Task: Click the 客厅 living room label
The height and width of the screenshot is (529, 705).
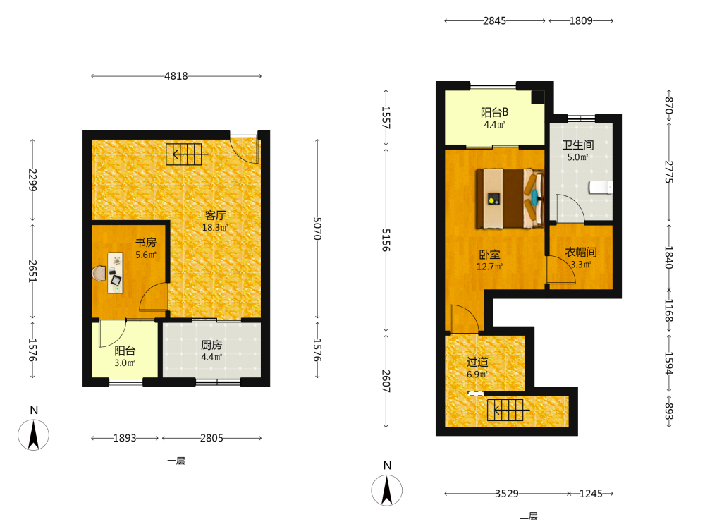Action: pos(215,215)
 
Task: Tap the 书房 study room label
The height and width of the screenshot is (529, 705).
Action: pos(146,243)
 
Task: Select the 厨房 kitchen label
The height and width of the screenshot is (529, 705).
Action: pos(211,345)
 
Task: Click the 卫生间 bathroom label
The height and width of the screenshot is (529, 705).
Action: pos(578,145)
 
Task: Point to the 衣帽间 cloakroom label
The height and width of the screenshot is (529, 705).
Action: pos(580,253)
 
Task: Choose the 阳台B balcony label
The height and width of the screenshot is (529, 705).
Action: pos(495,112)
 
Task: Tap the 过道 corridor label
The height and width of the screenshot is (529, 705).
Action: pos(477,362)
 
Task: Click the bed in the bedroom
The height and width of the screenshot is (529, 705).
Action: pos(510,198)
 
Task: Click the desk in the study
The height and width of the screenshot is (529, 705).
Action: pos(116,272)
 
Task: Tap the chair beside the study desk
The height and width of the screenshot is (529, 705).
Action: pos(99,273)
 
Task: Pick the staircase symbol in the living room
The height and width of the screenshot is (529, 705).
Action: pos(187,154)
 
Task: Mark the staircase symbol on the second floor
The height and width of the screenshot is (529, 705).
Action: pos(508,410)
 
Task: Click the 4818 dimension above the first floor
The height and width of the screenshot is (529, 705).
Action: pos(176,76)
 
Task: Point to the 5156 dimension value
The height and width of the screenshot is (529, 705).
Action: pos(386,240)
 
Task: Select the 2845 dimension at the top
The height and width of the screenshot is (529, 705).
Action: pos(494,20)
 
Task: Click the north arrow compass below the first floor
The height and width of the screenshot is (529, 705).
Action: pos(33,434)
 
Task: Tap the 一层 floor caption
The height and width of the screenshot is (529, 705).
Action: pos(176,461)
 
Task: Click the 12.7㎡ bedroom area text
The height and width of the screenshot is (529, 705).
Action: pos(489,267)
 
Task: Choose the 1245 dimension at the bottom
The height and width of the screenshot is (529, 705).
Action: pos(590,494)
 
